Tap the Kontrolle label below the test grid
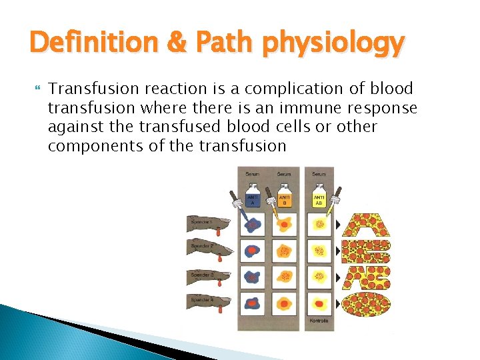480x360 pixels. (319, 321)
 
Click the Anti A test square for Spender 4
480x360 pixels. (251, 303)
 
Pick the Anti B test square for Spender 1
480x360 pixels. (285, 225)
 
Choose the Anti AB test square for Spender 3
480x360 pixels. (319, 277)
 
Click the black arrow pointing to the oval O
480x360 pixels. (338, 303)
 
